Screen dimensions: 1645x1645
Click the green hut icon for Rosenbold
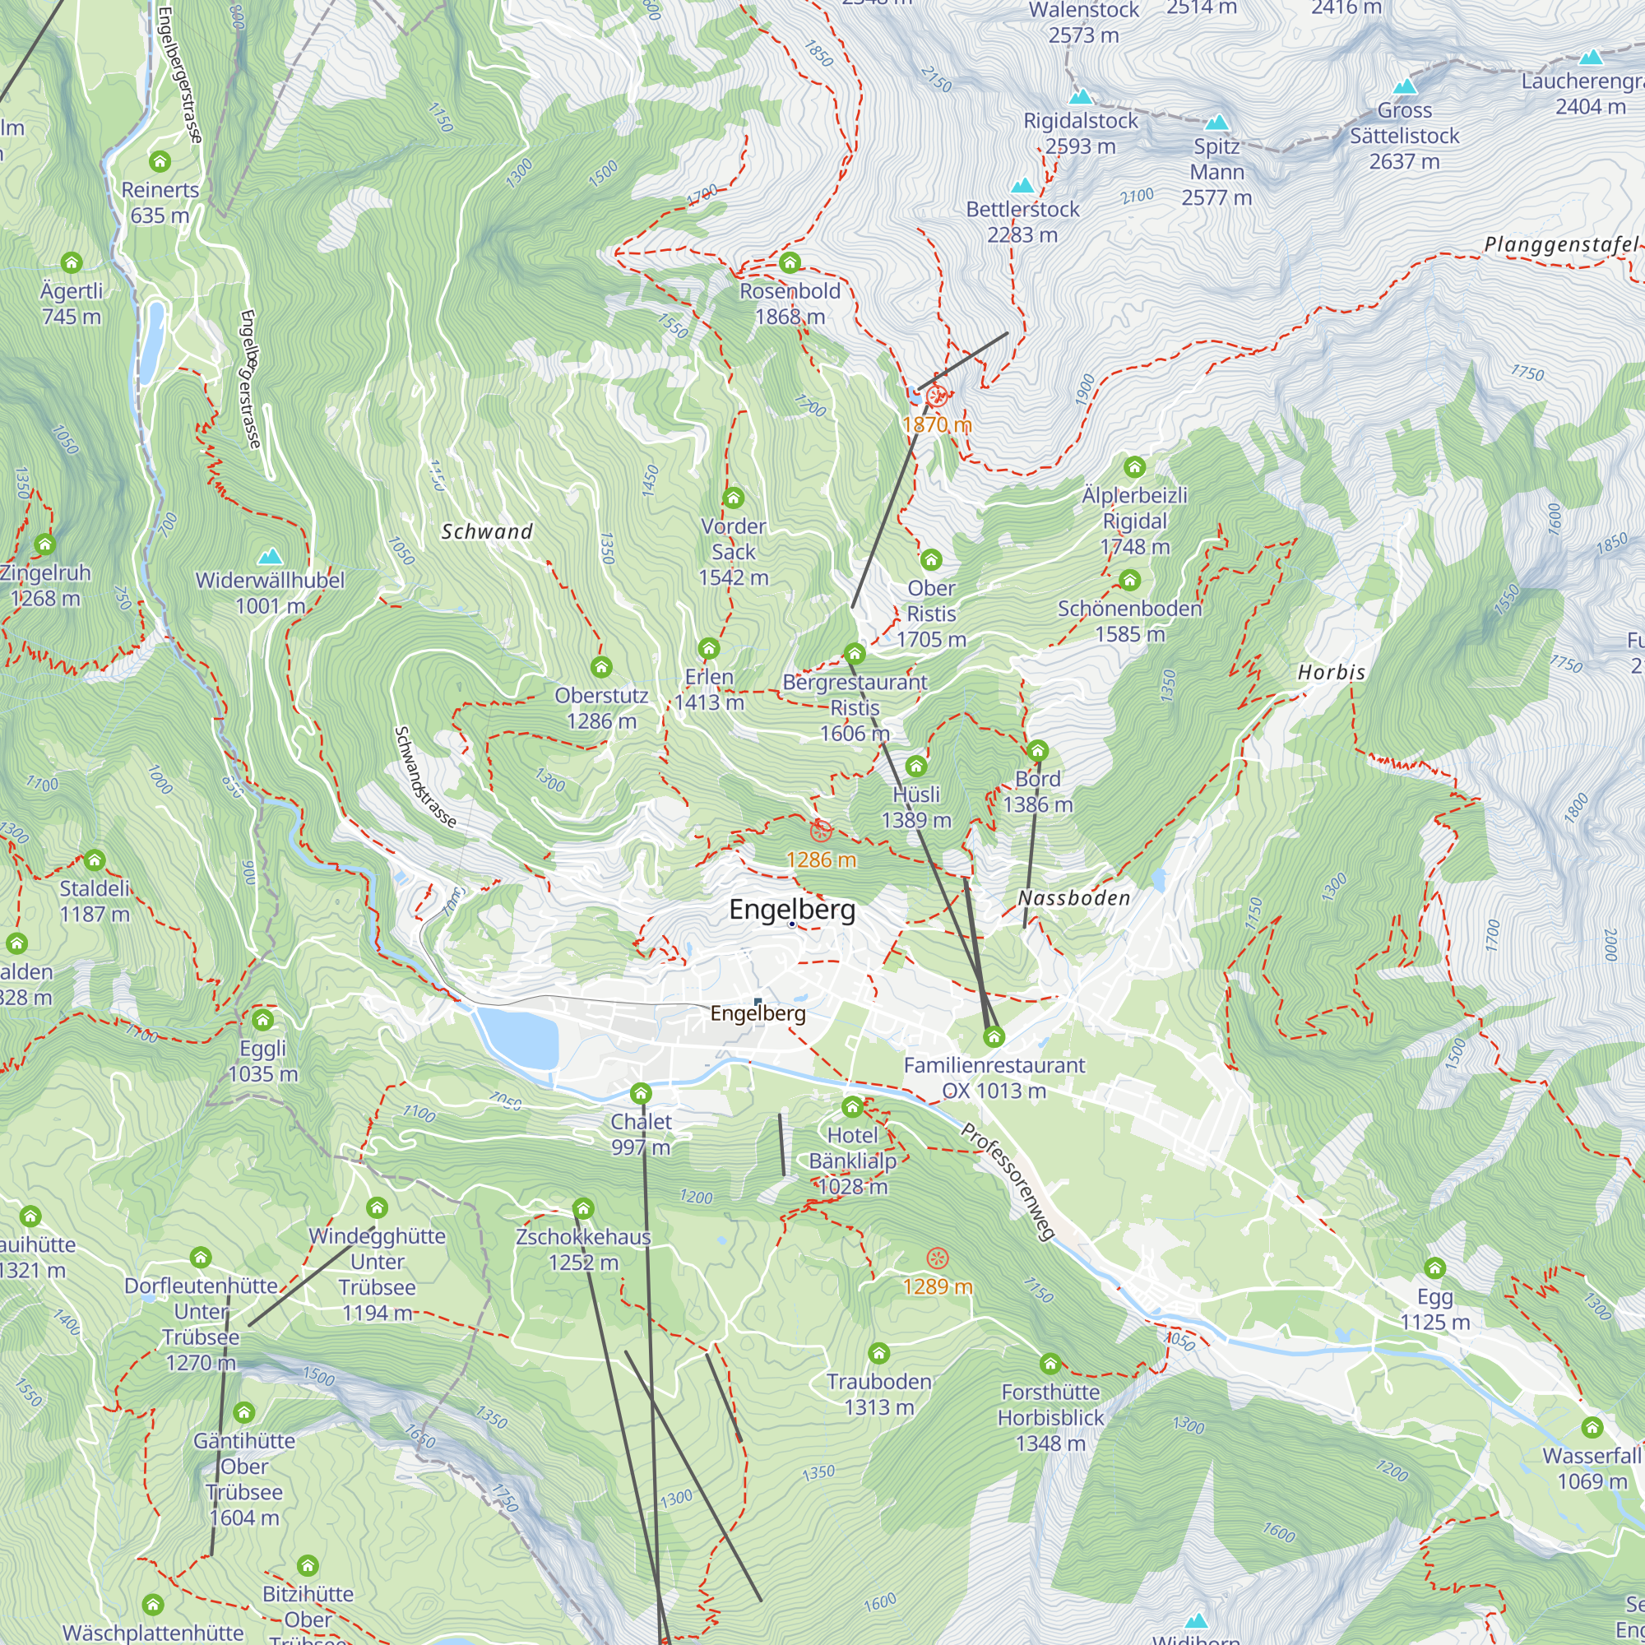tap(790, 262)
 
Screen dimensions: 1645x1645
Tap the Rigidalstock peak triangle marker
tap(1081, 96)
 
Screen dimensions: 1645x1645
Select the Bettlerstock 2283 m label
tap(1022, 221)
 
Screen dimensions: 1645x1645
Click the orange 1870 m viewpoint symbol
tap(937, 396)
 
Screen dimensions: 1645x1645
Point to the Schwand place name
tap(487, 531)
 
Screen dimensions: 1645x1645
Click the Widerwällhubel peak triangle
tap(270, 557)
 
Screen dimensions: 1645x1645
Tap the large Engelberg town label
tap(792, 910)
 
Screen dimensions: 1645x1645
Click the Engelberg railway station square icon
tap(758, 1001)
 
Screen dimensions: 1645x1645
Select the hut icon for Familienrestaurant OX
tap(994, 1037)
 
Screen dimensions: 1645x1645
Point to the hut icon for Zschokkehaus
tap(582, 1208)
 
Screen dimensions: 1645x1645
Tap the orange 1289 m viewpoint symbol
tap(937, 1258)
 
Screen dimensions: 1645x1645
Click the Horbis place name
tap(1331, 673)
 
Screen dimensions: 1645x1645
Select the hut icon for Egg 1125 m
tap(1434, 1268)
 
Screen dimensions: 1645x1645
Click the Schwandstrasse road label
tap(426, 776)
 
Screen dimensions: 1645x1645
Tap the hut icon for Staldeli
tap(95, 860)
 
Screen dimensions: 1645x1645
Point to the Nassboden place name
tap(1073, 898)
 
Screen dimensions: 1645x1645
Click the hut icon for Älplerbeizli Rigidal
tap(1134, 466)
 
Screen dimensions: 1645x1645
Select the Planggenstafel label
tap(1559, 245)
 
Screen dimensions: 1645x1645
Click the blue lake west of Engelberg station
tap(517, 1037)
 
